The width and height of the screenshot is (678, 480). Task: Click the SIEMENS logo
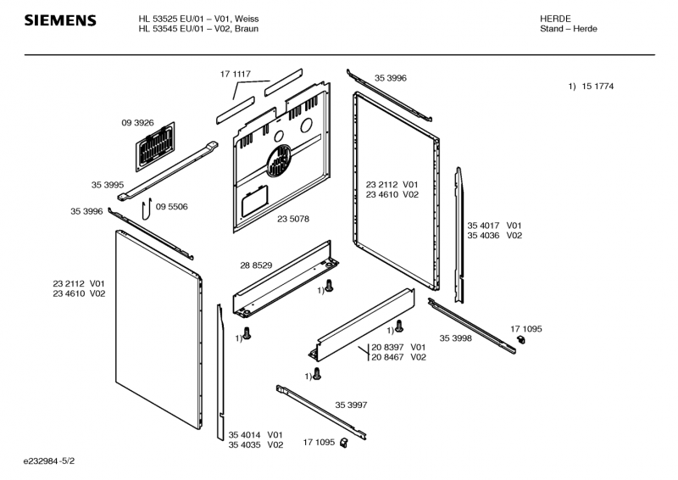click(x=59, y=20)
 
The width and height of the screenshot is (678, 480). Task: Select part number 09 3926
click(x=137, y=123)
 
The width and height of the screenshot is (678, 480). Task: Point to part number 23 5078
click(x=292, y=219)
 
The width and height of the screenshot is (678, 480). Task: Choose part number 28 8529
click(x=255, y=265)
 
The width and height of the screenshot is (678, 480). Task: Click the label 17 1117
click(x=236, y=75)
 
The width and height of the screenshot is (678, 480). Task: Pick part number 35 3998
click(x=455, y=338)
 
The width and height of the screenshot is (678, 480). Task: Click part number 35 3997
click(x=351, y=405)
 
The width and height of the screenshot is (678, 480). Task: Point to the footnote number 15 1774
click(x=597, y=87)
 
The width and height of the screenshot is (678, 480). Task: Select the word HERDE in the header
click(x=555, y=18)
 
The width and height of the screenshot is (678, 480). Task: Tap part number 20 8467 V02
click(x=397, y=358)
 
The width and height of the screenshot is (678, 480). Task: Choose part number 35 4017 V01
click(x=494, y=225)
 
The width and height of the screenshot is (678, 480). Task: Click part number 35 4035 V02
click(x=255, y=445)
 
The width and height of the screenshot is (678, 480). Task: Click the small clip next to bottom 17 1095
click(x=344, y=442)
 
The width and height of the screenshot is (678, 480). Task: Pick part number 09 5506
click(x=172, y=207)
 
